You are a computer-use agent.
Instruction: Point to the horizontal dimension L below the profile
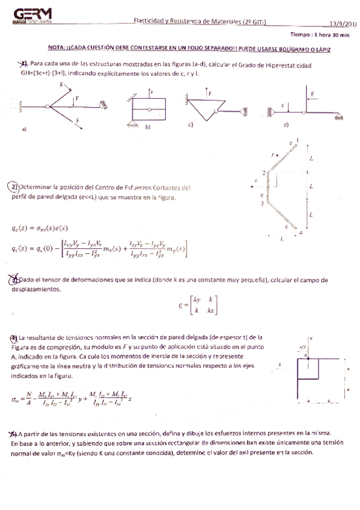[x=281, y=239]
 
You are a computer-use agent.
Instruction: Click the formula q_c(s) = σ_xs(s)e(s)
[x=40, y=228]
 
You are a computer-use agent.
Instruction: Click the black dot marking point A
[x=307, y=355]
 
